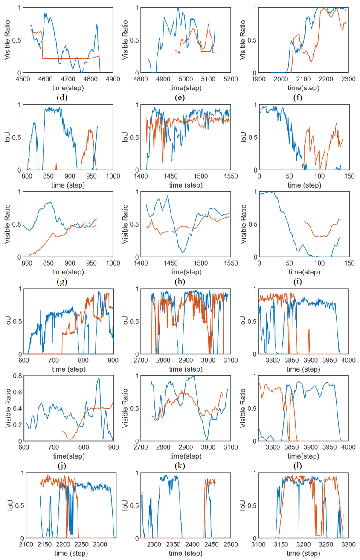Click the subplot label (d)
pos(62,98)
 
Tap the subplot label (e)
pos(180,98)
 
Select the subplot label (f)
pos(297,98)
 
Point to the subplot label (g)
pos(62,282)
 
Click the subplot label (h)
pos(180,282)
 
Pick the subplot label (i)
pos(297,282)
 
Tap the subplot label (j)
pos(62,466)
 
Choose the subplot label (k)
pos(180,466)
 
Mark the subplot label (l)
pos(297,466)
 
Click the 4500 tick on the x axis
pos(23,79)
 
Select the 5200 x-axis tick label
pos(231,79)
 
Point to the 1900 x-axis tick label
pos(258,79)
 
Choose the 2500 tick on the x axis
pos(231,544)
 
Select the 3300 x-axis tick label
pos(348,544)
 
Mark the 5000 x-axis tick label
pos(186,79)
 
